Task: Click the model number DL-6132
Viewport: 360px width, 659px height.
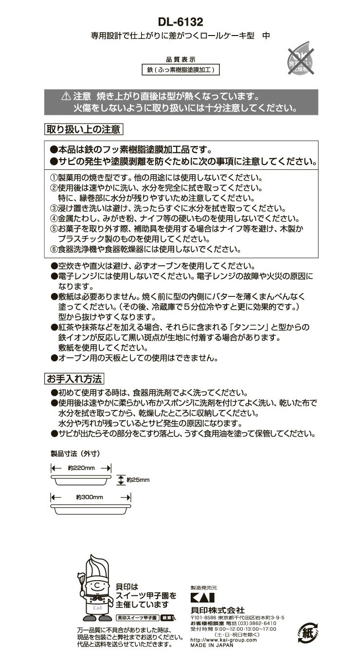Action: point(180,22)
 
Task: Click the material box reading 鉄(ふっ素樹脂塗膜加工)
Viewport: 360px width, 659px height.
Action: point(180,70)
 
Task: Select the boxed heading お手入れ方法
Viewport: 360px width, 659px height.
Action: point(73,378)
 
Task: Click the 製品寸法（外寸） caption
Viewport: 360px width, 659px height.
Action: point(75,453)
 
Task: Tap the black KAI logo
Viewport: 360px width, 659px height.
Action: point(201,598)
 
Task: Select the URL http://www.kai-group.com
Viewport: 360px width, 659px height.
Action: point(223,640)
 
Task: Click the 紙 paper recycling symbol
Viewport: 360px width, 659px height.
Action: point(308,633)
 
